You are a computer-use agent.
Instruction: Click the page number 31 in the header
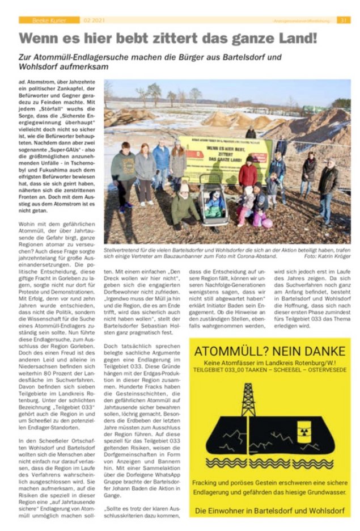click(x=344, y=20)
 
